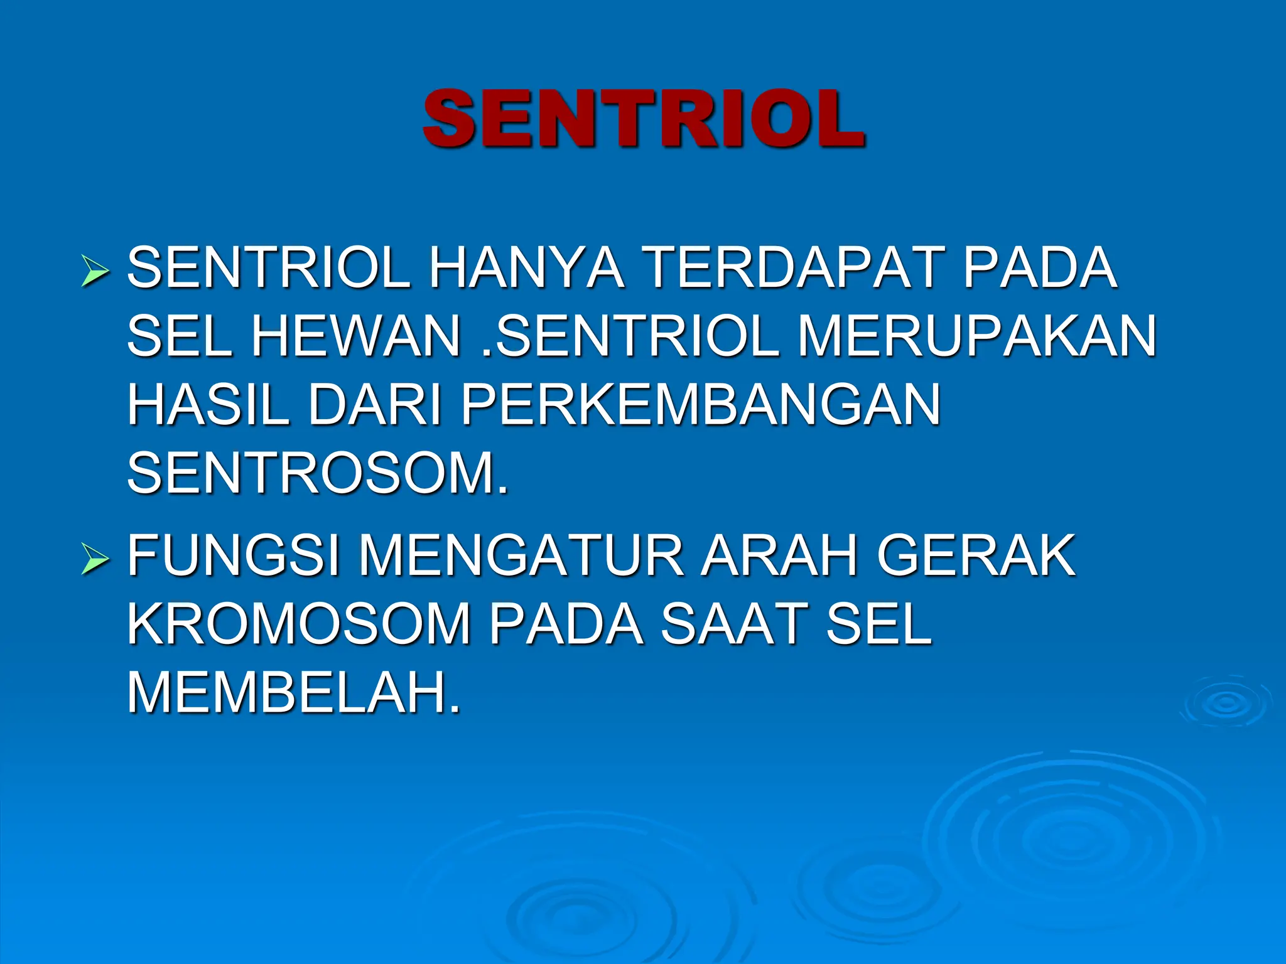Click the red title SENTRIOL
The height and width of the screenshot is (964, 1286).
point(644,119)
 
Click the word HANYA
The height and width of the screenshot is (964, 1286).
point(526,268)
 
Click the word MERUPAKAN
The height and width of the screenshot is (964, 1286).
point(976,336)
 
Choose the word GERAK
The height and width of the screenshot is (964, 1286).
point(976,555)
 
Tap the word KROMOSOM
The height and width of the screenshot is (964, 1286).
point(299,624)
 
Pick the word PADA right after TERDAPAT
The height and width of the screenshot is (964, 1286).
point(1040,268)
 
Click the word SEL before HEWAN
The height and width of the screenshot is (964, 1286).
point(179,336)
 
